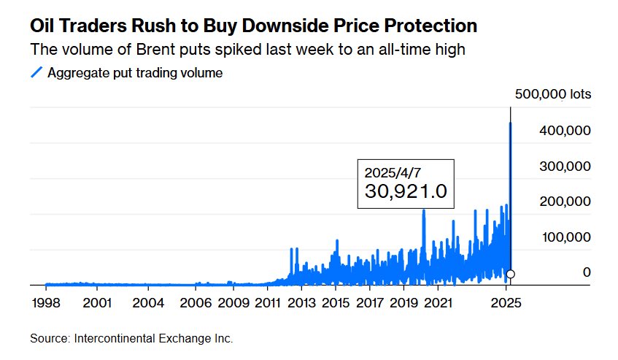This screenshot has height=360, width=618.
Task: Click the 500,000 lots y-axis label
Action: click(552, 94)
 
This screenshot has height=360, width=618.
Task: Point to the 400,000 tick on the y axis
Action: click(563, 130)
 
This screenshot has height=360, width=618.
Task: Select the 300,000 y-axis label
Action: click(563, 166)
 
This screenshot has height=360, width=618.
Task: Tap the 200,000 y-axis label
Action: click(563, 202)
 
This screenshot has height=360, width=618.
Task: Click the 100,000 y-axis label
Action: click(563, 237)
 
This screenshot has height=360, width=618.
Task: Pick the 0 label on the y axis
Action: click(586, 272)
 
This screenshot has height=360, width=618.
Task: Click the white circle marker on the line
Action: click(510, 274)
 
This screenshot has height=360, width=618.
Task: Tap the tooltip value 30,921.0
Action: click(405, 192)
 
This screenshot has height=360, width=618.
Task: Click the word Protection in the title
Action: click(429, 26)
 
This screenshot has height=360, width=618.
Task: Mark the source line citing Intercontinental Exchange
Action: click(131, 339)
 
